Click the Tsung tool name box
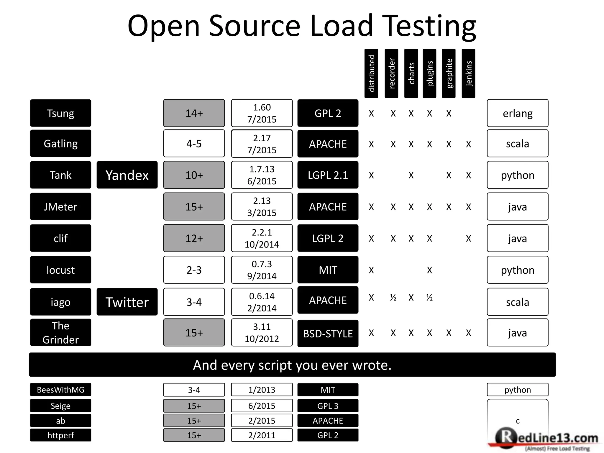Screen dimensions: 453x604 (x=60, y=113)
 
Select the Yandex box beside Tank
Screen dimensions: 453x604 (x=127, y=175)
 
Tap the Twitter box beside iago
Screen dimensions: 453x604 (x=127, y=302)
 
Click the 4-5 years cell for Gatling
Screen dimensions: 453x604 (x=194, y=144)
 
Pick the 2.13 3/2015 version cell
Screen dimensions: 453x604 (x=262, y=206)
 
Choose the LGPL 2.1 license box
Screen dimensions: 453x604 (x=328, y=175)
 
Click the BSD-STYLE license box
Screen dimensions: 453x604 (x=328, y=333)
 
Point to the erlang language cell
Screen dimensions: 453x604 (x=517, y=113)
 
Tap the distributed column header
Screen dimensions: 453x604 (x=371, y=73)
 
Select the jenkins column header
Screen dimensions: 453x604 (x=468, y=73)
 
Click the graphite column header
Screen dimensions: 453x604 (x=449, y=73)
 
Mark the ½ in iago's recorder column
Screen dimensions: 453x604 (x=393, y=298)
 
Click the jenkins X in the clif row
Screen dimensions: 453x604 (x=468, y=238)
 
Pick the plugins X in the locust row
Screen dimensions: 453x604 (x=429, y=270)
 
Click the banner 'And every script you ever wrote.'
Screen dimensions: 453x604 (x=292, y=365)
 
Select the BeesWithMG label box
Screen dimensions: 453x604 (x=60, y=390)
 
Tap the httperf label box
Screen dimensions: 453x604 (x=60, y=435)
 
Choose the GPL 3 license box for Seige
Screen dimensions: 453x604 (x=328, y=406)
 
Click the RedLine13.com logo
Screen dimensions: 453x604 (x=546, y=439)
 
